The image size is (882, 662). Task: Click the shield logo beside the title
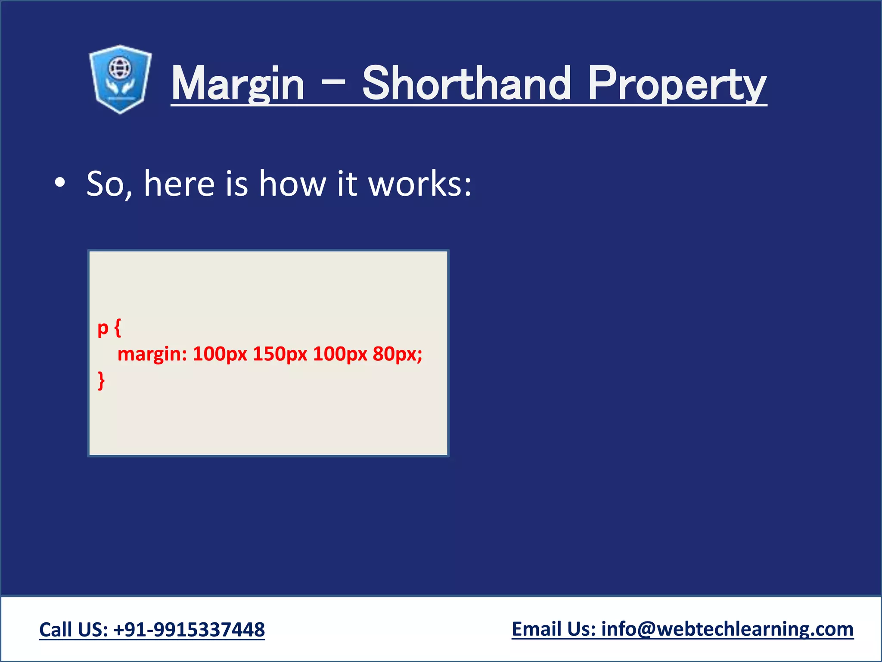[x=120, y=80]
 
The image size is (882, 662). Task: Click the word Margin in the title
[x=238, y=84]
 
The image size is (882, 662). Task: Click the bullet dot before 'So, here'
[x=60, y=183]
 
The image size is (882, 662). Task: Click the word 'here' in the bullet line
[x=179, y=184]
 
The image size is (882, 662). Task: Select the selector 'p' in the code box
[x=103, y=328]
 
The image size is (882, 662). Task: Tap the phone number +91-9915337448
[x=189, y=630]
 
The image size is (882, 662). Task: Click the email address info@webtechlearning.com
[x=727, y=629]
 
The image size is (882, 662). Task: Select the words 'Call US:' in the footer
[x=74, y=630]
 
